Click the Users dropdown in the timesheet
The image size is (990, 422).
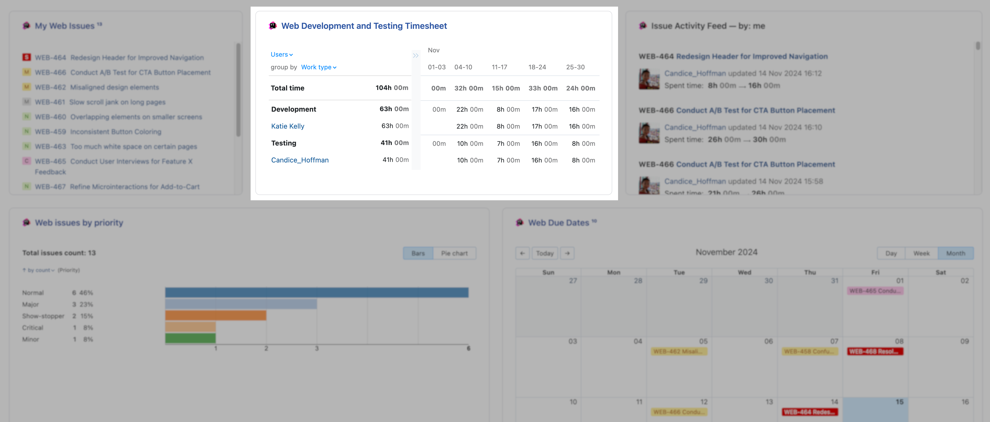(x=281, y=54)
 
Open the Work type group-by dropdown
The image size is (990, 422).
(x=318, y=67)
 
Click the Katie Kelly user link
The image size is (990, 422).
(x=287, y=126)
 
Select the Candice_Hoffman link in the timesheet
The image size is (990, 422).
(x=300, y=160)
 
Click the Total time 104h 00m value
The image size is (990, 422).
(x=392, y=88)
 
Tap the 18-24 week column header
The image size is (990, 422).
(x=537, y=67)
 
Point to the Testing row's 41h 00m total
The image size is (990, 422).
(x=394, y=143)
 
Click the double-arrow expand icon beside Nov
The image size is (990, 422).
(x=416, y=55)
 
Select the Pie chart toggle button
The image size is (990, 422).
(x=454, y=253)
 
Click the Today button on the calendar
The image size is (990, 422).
(x=545, y=253)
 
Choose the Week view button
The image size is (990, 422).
(x=921, y=253)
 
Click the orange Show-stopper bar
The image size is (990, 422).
(x=216, y=315)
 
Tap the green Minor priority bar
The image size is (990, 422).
(x=190, y=338)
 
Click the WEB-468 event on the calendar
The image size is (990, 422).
(x=875, y=351)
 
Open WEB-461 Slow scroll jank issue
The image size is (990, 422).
(x=117, y=102)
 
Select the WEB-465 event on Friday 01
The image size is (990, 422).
(x=875, y=291)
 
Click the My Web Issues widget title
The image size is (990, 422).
(x=65, y=26)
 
